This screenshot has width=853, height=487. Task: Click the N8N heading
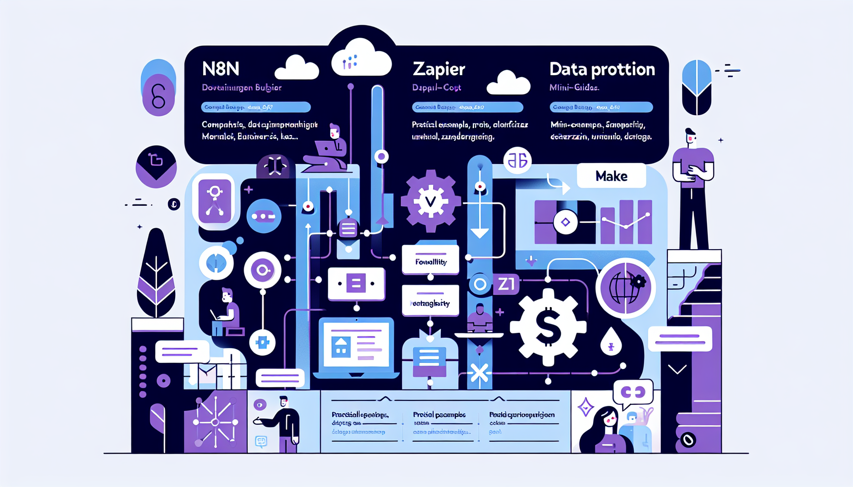[220, 69]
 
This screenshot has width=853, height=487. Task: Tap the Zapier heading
[438, 69]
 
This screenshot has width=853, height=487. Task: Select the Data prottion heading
[602, 69]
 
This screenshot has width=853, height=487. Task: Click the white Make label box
[611, 176]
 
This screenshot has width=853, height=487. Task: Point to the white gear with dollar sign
[548, 327]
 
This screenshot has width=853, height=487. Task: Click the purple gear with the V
[430, 201]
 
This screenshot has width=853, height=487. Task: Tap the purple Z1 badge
[506, 284]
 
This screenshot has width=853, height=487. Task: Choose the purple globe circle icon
[625, 288]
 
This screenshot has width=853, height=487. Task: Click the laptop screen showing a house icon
[356, 345]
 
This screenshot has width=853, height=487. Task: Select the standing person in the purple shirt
[693, 188]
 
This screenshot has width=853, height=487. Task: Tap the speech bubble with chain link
[633, 392]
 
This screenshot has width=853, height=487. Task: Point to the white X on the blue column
[479, 373]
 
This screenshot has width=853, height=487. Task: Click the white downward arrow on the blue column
[479, 233]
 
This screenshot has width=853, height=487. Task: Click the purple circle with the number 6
[159, 95]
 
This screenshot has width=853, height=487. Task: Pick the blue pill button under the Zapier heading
[467, 107]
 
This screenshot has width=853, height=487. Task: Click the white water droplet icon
[611, 341]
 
